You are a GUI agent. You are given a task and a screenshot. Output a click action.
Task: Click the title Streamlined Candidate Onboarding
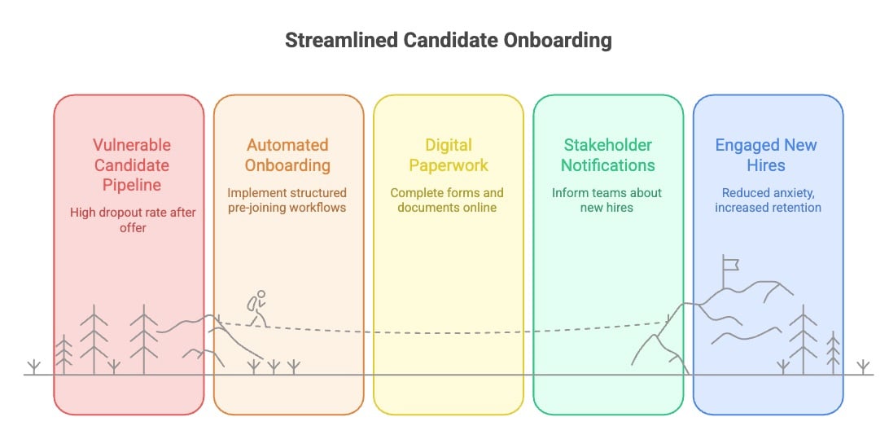coord(448,40)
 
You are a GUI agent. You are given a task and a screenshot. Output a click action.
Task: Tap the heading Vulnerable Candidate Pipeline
coord(132,165)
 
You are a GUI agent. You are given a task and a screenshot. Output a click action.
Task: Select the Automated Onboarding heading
coord(287,155)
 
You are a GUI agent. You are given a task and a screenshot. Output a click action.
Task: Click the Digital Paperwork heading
coord(449,155)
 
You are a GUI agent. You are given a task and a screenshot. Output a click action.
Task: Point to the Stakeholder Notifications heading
coord(608,155)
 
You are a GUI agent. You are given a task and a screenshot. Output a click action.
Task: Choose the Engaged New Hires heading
coord(766,155)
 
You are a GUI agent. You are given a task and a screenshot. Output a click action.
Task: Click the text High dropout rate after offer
coord(133,220)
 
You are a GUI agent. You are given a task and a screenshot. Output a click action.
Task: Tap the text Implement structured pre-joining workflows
coord(287,200)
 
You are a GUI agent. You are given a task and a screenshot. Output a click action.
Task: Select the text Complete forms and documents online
coord(447,200)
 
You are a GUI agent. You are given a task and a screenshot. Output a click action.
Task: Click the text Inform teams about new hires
coord(607,200)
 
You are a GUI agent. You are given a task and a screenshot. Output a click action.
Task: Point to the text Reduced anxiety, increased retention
coord(768,200)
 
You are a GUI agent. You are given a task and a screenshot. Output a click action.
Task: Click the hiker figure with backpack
coord(257,309)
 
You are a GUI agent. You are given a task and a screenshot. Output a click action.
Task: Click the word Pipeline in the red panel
coord(132,185)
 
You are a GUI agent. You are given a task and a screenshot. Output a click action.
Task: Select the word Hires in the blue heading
coord(766,165)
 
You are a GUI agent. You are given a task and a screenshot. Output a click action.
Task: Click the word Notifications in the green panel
coord(608,165)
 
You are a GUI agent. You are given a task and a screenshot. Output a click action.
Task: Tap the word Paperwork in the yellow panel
coord(449,165)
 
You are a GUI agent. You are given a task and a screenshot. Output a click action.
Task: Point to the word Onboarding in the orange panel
coord(287,165)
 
